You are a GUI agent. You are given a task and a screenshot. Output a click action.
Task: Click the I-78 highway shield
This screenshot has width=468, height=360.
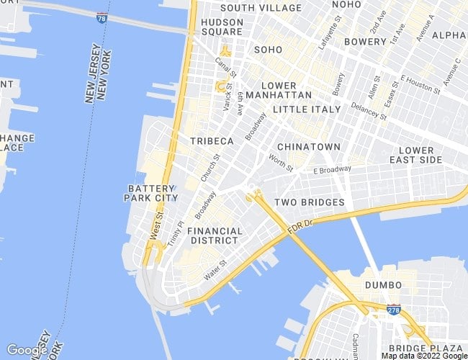click(102, 18)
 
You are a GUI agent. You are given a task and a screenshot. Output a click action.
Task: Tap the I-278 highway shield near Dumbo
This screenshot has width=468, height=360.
click(393, 309)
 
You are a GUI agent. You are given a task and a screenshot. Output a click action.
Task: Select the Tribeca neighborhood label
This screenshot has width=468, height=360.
click(212, 141)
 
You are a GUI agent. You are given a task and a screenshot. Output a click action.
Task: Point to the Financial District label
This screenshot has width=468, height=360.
click(215, 236)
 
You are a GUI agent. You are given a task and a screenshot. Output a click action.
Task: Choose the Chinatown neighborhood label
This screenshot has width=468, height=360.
click(308, 147)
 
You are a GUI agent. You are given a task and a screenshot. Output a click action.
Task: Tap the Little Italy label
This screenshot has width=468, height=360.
click(305, 109)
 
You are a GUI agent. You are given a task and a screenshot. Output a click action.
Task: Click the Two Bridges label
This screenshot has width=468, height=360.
click(310, 202)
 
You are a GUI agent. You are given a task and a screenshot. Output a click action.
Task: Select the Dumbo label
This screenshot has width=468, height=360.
click(383, 285)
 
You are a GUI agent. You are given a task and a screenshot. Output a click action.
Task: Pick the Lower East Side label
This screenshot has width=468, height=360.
click(416, 155)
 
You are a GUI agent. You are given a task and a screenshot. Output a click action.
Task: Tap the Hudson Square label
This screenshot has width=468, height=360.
click(222, 27)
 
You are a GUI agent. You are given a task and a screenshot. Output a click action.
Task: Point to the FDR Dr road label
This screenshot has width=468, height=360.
click(298, 226)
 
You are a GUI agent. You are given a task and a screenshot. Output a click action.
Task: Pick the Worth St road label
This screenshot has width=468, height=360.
click(281, 163)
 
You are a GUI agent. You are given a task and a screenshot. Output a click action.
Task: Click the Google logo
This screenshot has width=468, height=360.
click(27, 350)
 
